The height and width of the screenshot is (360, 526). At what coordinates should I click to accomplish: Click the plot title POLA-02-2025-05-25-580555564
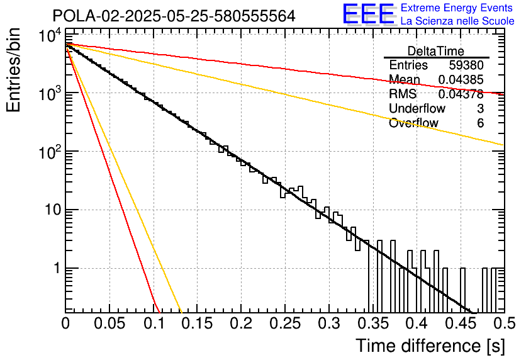click(x=174, y=16)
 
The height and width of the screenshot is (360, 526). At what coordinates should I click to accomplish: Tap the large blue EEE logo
click(x=369, y=14)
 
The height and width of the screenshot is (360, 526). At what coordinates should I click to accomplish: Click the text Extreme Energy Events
click(x=457, y=8)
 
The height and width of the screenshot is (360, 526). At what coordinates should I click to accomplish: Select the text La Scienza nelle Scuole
click(x=457, y=21)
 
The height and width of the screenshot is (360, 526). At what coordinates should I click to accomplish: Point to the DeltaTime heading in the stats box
click(x=435, y=51)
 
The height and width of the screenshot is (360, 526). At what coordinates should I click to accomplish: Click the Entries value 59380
click(x=466, y=65)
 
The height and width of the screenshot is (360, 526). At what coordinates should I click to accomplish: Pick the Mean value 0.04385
click(x=461, y=79)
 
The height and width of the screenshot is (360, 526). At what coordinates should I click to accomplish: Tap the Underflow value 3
click(x=480, y=108)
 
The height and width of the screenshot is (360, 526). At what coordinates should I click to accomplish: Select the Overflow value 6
click(x=480, y=123)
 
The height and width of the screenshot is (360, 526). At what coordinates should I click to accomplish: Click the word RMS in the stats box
click(x=403, y=94)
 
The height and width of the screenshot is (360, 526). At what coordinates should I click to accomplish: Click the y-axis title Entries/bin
click(x=13, y=70)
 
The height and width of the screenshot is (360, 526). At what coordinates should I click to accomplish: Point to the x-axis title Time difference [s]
click(x=430, y=346)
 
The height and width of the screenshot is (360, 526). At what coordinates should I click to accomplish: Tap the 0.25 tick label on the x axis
click(x=285, y=323)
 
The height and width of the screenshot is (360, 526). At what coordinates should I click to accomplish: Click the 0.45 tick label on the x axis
click(x=461, y=323)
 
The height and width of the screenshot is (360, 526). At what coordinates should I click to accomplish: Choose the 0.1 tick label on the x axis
click(x=154, y=323)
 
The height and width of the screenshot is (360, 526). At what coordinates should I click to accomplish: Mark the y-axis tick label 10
click(x=53, y=210)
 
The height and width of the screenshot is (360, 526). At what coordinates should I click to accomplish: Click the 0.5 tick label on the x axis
click(x=505, y=323)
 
